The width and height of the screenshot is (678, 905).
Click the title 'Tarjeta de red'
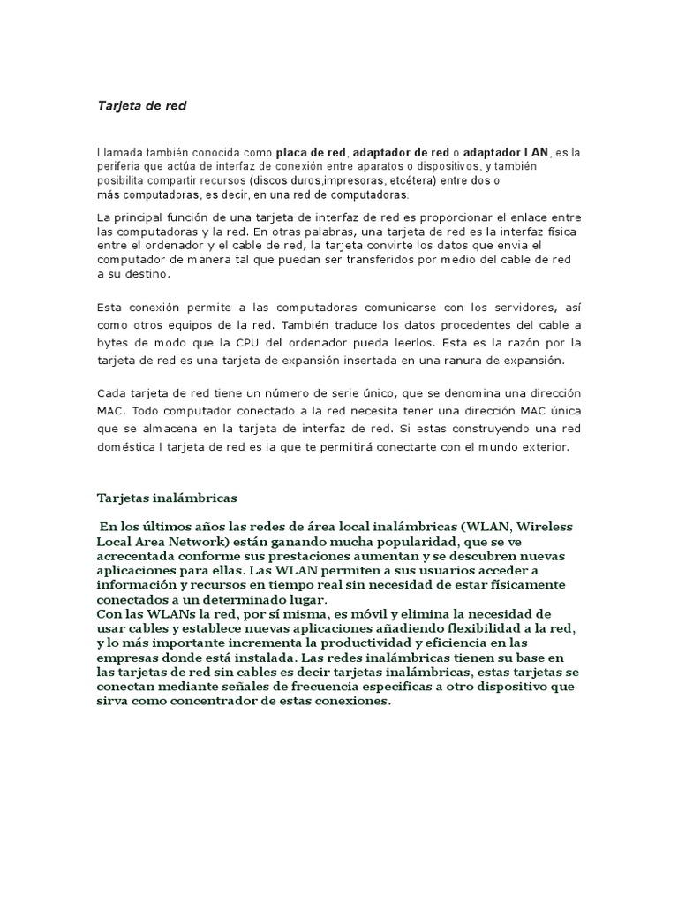[141, 106]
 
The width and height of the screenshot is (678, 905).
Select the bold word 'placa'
[292, 152]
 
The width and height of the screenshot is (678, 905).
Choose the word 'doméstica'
[125, 447]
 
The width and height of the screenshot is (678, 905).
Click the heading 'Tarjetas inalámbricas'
[166, 497]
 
